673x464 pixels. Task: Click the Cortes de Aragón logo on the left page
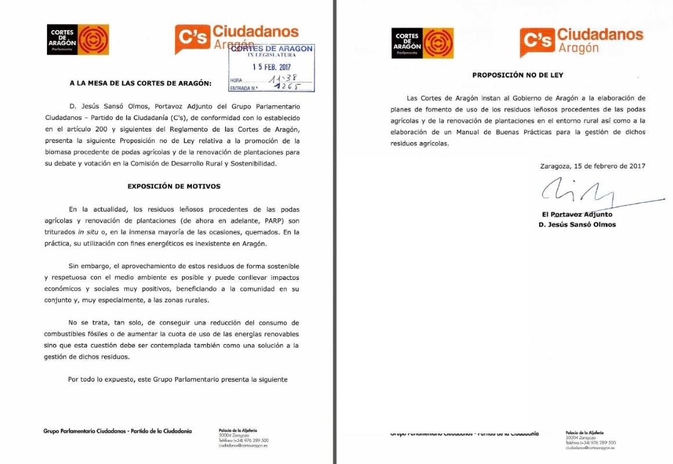(78, 39)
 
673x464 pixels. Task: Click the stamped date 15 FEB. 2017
(271, 67)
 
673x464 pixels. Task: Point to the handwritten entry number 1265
(284, 88)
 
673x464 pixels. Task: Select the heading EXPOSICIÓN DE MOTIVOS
(174, 186)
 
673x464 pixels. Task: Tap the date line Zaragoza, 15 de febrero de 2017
(592, 166)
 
